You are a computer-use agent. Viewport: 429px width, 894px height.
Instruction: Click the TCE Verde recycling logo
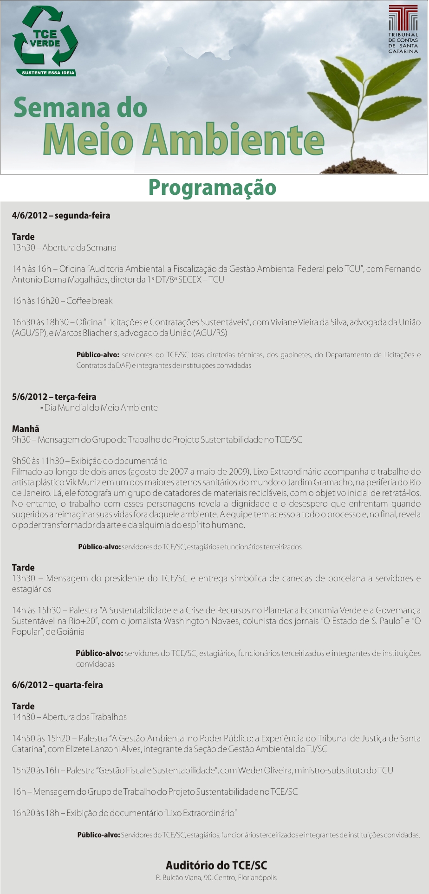[x=45, y=37]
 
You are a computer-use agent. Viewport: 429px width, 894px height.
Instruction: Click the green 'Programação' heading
[x=212, y=188]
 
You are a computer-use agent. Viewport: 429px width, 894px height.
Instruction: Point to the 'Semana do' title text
[x=80, y=108]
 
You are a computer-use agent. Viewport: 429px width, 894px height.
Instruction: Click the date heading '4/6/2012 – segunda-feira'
[x=61, y=215]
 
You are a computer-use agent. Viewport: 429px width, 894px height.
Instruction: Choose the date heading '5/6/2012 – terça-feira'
[x=54, y=397]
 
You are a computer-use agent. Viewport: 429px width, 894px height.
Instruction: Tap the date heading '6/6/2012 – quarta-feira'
[x=58, y=685]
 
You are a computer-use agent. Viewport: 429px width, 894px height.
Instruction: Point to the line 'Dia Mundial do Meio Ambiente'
[x=101, y=408]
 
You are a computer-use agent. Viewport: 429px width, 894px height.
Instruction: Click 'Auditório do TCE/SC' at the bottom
[x=216, y=865]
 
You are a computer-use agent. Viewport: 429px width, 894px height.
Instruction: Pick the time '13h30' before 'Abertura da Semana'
[x=23, y=248]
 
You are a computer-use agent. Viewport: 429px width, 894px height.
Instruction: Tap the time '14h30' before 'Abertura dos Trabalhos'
[x=23, y=717]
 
